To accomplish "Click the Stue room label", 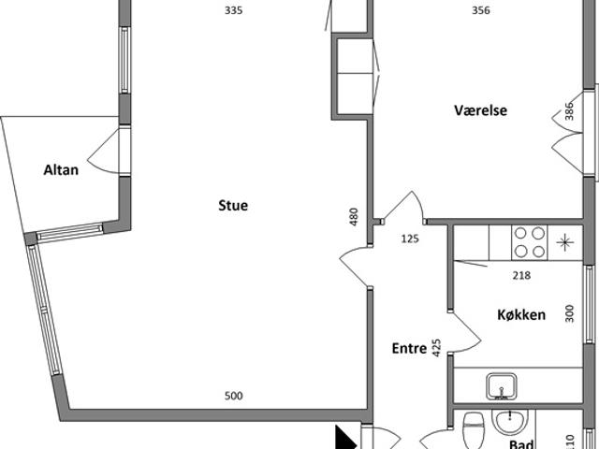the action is coord(233,206).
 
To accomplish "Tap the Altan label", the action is coord(61,170).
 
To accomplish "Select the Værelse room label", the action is coord(480,110).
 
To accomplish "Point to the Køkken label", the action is coord(521,315).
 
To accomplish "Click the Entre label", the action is coord(409,348).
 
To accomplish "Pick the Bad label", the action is coord(521,444).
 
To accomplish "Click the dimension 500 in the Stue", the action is coord(233,396).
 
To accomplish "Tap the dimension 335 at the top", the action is coord(233,10).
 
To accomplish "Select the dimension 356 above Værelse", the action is coord(480,10).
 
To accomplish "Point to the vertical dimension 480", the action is coord(354,216).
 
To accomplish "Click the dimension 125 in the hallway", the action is coord(410,239).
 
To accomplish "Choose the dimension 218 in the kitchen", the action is coord(521,275).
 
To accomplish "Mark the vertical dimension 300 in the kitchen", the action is coord(569,313).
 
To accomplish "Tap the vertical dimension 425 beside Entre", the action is coord(436,348).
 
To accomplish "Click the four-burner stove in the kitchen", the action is coord(530,242).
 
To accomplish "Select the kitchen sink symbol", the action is coord(502,386).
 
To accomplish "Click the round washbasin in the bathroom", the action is coord(510,422).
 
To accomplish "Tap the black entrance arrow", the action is coord(344,438).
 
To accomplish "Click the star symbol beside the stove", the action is coord(565,243).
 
